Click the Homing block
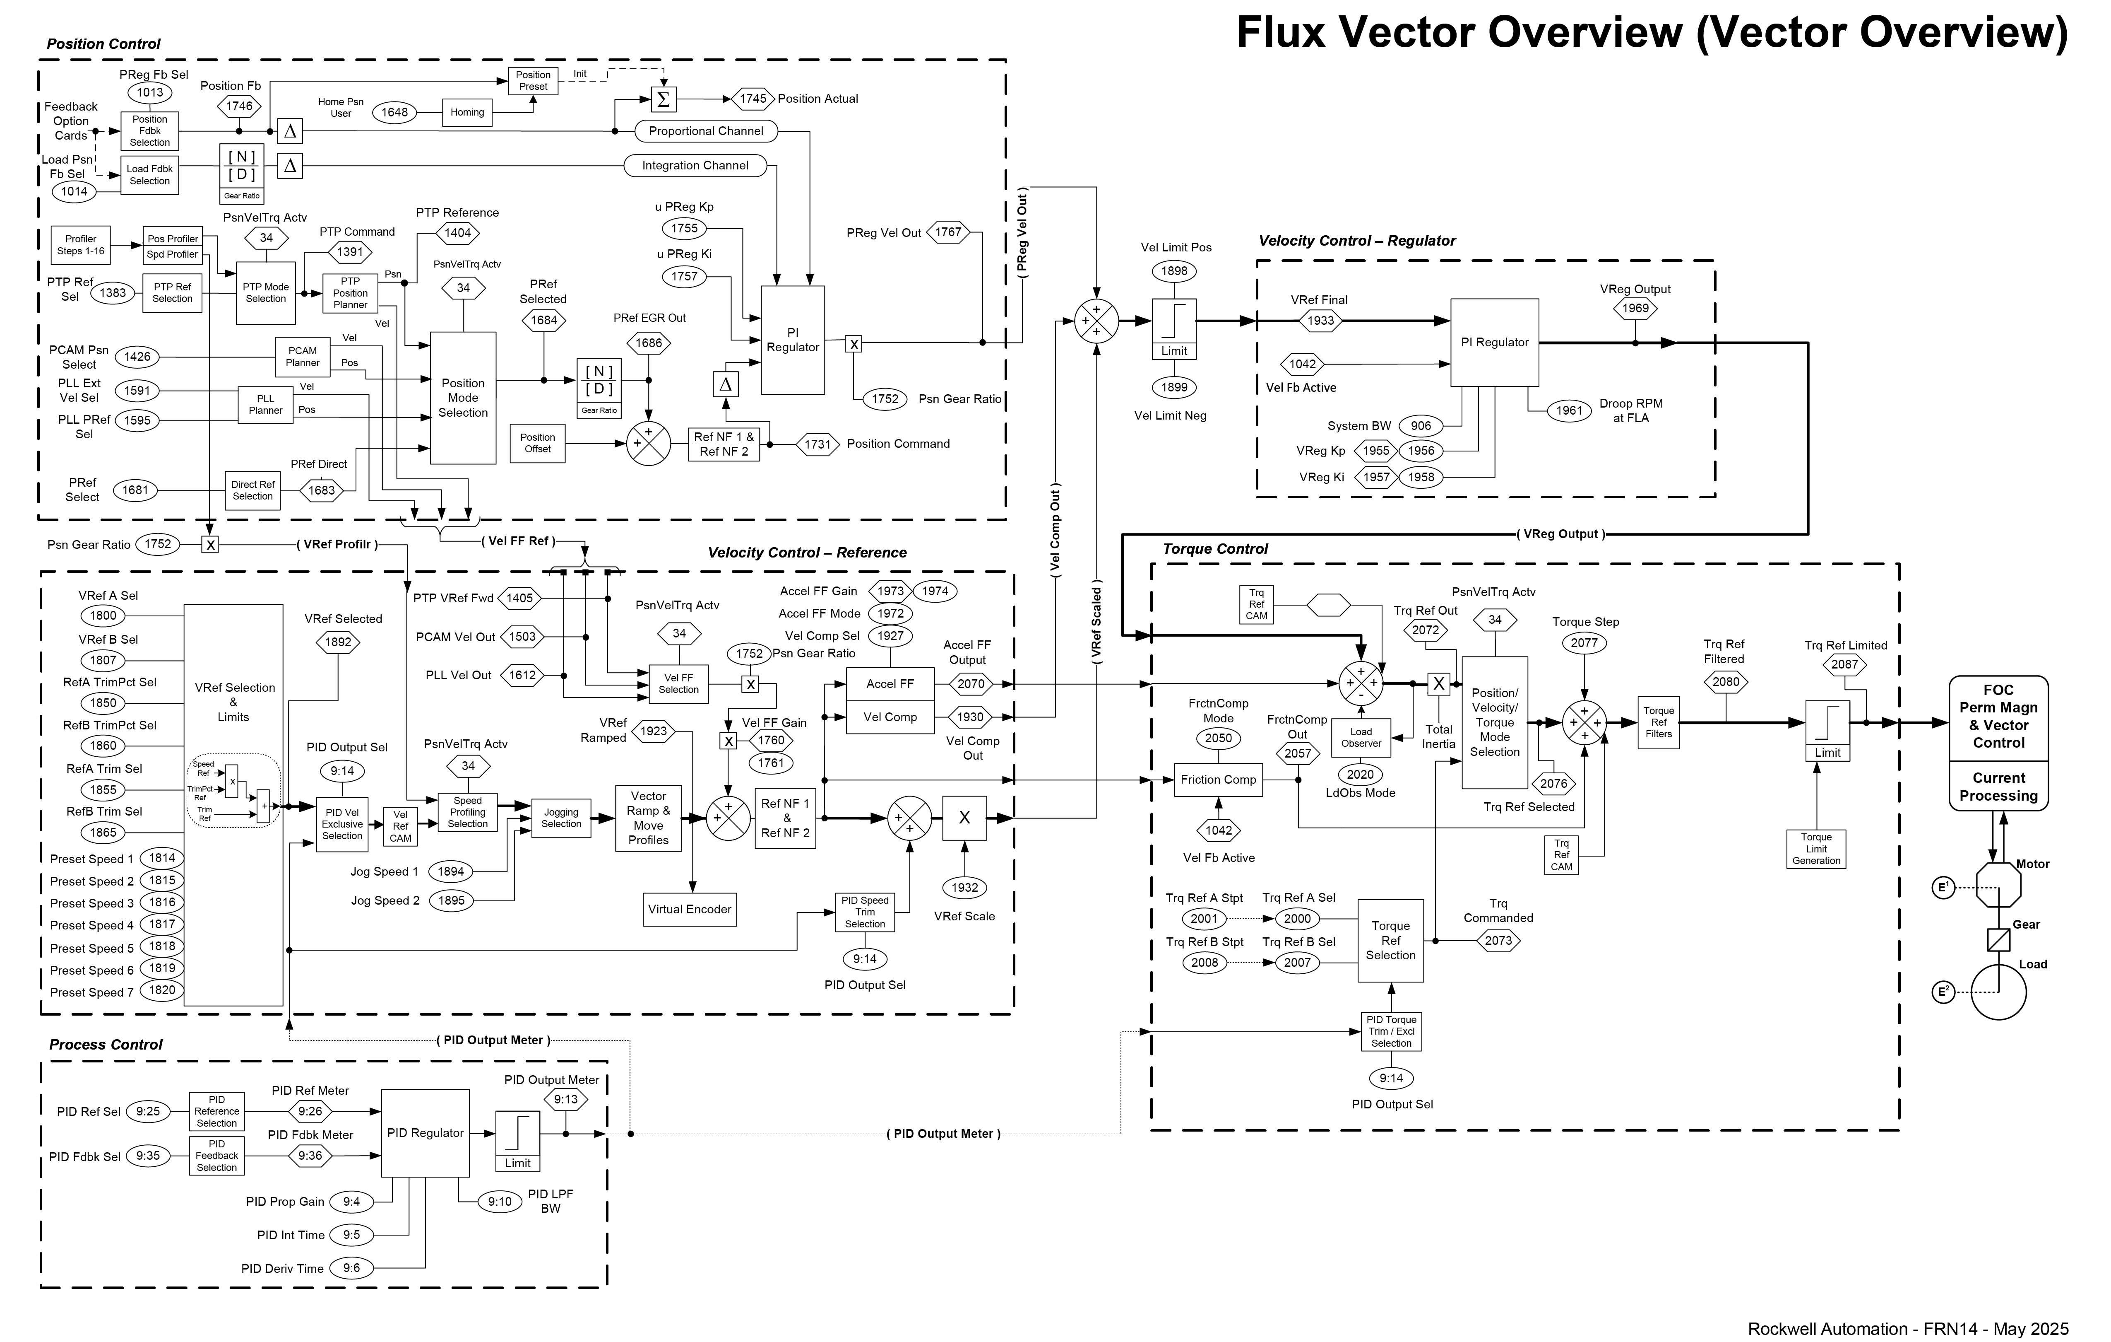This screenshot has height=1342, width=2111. tap(467, 112)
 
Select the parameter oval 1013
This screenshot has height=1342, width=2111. tap(150, 92)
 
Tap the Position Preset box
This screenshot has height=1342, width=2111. tap(533, 81)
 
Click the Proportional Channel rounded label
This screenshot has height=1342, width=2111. tap(706, 131)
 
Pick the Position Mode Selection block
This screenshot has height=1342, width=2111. tap(463, 397)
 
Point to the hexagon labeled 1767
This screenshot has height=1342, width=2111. tap(949, 232)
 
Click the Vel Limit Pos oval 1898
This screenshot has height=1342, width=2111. tap(1174, 271)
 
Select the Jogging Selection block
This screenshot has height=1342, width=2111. tap(561, 818)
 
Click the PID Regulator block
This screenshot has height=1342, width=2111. tap(425, 1133)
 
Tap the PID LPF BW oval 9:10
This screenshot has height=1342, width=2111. tap(500, 1202)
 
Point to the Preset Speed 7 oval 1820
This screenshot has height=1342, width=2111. tap(162, 990)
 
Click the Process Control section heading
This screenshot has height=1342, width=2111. tap(106, 1045)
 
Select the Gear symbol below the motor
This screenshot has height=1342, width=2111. tap(1999, 939)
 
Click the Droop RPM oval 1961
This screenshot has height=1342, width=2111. tap(1569, 410)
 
